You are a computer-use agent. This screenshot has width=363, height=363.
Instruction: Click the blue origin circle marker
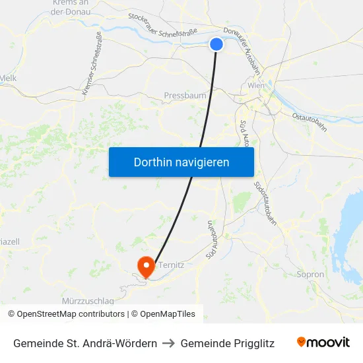[x=216, y=44]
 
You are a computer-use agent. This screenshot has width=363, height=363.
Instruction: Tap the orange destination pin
[x=145, y=266]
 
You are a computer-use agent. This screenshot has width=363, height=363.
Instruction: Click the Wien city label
[x=256, y=86]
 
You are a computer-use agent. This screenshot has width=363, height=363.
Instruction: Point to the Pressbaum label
[x=185, y=96]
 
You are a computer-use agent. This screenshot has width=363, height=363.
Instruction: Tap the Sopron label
[x=310, y=275]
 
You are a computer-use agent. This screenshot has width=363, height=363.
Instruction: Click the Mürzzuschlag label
[x=88, y=300]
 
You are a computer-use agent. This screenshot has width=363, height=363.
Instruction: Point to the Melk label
[x=8, y=78]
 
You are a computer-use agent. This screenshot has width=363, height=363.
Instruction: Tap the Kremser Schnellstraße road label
[x=91, y=65]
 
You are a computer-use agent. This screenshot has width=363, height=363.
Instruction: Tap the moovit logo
[x=323, y=342]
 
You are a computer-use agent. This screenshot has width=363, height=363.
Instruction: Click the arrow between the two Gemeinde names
[x=168, y=343]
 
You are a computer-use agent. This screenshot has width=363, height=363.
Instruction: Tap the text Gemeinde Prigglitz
[x=227, y=343]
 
